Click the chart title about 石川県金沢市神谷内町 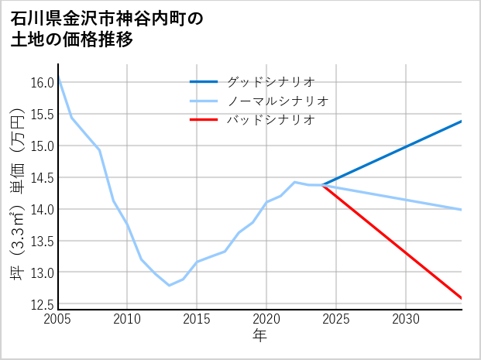108,29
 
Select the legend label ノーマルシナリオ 278,101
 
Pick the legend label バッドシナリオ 270,120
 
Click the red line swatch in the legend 204,120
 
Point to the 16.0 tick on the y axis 43,83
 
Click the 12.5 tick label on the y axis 43,304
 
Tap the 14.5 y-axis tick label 43,178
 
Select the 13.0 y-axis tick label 43,273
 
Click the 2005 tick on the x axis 58,319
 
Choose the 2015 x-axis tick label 197,319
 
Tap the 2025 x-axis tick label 336,319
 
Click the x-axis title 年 260,335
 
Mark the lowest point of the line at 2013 169,286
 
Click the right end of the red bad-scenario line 462,298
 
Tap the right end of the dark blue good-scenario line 462,121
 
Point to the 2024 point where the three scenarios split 322,184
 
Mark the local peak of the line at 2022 294,182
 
